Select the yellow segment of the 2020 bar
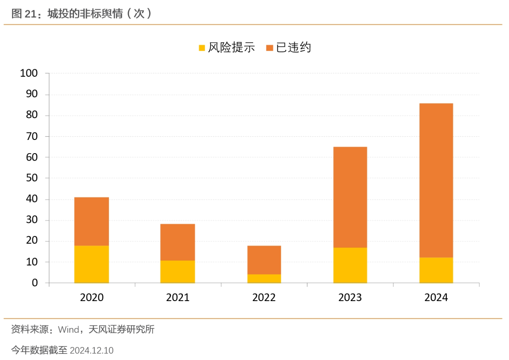(91, 264)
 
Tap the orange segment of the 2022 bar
(264, 260)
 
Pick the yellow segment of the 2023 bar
(350, 265)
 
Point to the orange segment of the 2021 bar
(177, 242)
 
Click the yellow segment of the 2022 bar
(264, 278)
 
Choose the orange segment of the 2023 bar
(350, 197)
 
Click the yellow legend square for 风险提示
(202, 48)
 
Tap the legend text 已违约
(293, 48)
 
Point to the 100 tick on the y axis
(29, 74)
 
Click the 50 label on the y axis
(32, 178)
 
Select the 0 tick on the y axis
(35, 283)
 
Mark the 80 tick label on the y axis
(32, 115)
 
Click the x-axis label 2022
(264, 297)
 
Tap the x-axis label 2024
(436, 297)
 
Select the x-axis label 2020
(91, 297)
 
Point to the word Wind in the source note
(68, 329)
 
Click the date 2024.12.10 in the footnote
(91, 351)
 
